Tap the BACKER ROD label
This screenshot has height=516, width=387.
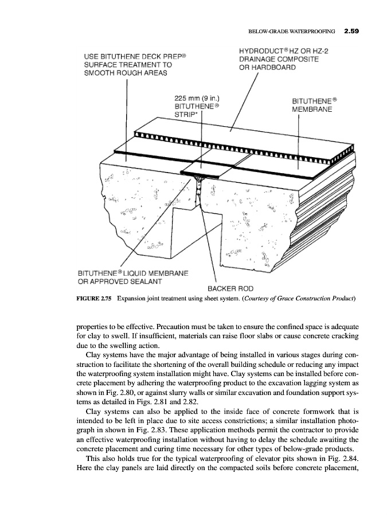pyautogui.click(x=226, y=288)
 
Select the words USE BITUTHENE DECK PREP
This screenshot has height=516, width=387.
pyautogui.click(x=137, y=57)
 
